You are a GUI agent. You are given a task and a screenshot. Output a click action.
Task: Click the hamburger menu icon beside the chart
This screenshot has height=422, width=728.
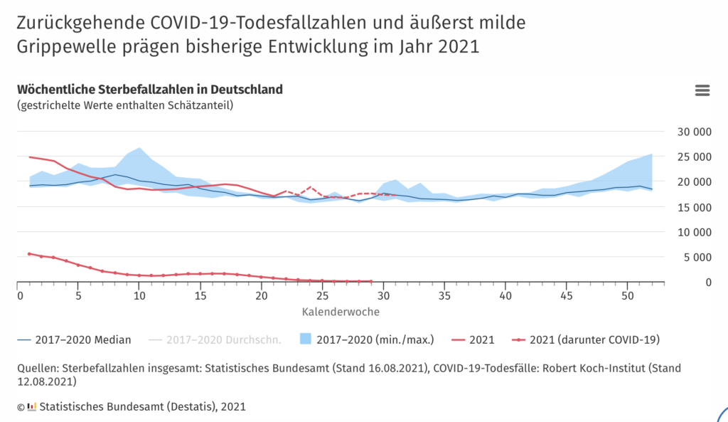click(x=702, y=90)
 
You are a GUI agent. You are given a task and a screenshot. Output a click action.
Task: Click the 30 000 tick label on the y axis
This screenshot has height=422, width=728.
click(x=692, y=132)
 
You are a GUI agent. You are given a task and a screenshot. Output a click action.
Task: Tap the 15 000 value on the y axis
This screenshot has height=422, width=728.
click(x=692, y=207)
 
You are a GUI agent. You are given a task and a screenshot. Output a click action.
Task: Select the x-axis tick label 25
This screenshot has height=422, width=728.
click(x=322, y=295)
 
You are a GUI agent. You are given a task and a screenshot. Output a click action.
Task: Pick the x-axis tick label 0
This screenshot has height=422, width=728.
click(x=17, y=295)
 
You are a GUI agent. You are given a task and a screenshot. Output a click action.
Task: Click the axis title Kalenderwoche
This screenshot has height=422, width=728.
click(x=341, y=312)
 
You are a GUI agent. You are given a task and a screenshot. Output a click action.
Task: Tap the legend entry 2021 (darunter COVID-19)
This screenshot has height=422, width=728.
click(x=591, y=339)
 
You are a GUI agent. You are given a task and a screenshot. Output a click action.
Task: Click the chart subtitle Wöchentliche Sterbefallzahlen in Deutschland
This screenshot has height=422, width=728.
click(x=149, y=90)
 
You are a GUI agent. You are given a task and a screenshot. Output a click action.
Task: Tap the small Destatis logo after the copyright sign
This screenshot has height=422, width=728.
click(x=31, y=407)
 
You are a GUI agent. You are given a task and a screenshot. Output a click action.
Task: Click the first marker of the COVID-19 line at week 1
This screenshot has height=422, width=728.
click(x=29, y=253)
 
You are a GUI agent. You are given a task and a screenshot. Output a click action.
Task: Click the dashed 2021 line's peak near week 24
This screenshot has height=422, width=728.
click(x=310, y=187)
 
